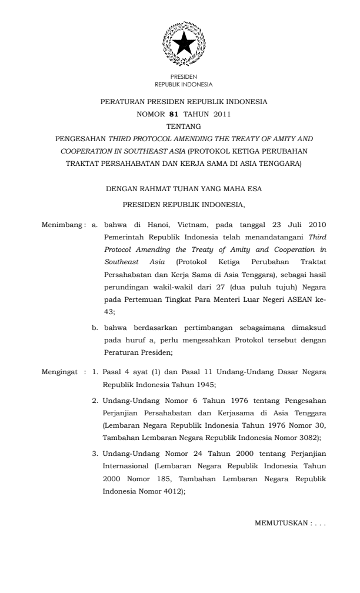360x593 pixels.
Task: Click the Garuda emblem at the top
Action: pos(184,45)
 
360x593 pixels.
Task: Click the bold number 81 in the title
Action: pos(173,114)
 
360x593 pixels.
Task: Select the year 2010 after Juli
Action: pos(315,225)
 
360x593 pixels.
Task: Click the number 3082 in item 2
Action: pos(307,438)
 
